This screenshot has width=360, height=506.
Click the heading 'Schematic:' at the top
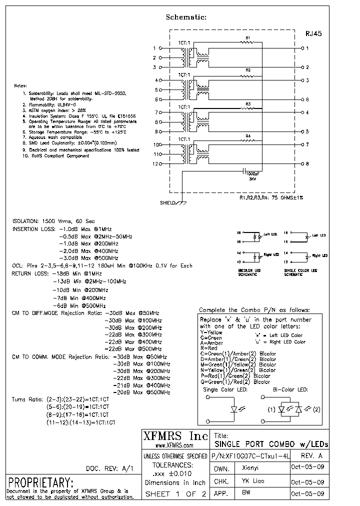point(186,17)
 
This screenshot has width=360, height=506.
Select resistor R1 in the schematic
point(246,43)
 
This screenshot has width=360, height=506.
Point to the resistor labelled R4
point(247,140)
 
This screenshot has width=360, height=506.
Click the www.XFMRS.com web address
point(173,445)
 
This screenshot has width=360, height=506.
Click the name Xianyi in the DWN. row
point(250,469)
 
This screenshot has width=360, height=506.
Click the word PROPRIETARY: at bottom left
point(41,482)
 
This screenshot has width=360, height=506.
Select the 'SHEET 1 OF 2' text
point(171,494)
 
